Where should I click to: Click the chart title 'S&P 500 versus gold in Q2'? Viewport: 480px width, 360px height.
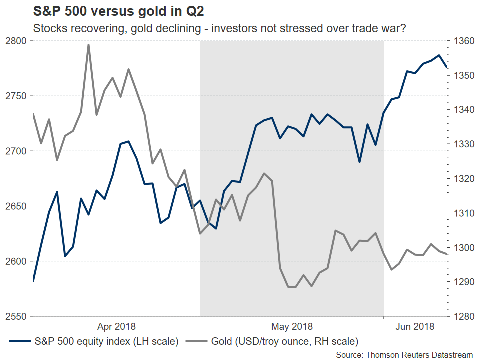coord(119,11)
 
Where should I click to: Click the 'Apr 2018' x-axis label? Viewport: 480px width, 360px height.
coord(116,327)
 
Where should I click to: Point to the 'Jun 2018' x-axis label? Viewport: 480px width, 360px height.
coord(415,327)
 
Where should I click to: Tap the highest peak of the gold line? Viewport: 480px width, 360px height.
coord(88,44)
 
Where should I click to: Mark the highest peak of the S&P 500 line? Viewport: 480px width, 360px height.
coord(439,55)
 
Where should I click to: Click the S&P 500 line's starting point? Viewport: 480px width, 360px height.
coord(33,281)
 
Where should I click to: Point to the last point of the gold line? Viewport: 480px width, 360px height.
coord(447,254)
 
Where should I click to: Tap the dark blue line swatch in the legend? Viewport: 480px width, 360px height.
coord(20,342)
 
